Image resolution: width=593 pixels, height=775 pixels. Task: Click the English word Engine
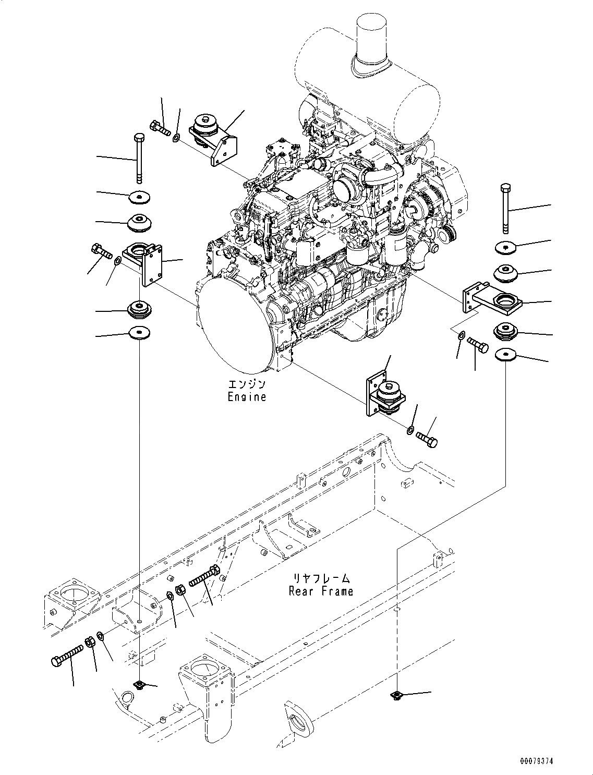click(x=247, y=397)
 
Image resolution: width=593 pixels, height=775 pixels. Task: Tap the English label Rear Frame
click(x=321, y=591)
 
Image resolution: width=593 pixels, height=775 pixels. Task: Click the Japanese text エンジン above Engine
click(x=247, y=385)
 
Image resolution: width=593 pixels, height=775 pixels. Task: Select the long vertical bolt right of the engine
click(x=505, y=208)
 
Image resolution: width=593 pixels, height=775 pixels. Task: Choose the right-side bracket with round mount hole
click(x=493, y=301)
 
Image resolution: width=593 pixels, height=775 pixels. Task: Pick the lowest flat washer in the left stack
click(x=139, y=332)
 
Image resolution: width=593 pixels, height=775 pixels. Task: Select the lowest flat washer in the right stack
click(x=505, y=355)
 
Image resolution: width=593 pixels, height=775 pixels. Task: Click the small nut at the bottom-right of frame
click(x=396, y=695)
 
